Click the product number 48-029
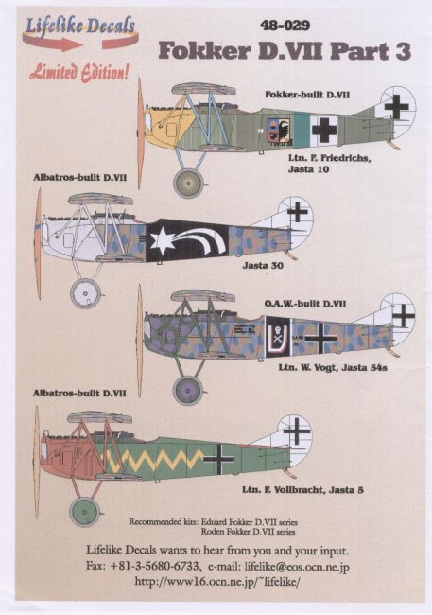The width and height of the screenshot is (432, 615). tap(285, 26)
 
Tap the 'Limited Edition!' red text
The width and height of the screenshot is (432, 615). tap(79, 73)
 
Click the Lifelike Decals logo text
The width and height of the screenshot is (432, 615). tap(80, 26)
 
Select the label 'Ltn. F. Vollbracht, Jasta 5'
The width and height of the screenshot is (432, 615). tap(302, 489)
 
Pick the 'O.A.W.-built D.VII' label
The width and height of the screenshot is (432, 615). tap(305, 304)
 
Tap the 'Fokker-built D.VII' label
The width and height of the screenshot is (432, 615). tap(307, 95)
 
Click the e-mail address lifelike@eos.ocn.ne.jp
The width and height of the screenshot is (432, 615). tap(297, 566)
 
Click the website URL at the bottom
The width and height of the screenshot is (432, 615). tap(217, 581)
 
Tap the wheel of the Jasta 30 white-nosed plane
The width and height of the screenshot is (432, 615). tap(85, 293)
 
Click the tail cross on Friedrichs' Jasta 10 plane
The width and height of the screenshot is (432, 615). tap(396, 106)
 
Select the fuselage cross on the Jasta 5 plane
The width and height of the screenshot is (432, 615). tap(219, 458)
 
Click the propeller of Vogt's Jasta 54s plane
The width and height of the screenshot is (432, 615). tap(139, 341)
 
